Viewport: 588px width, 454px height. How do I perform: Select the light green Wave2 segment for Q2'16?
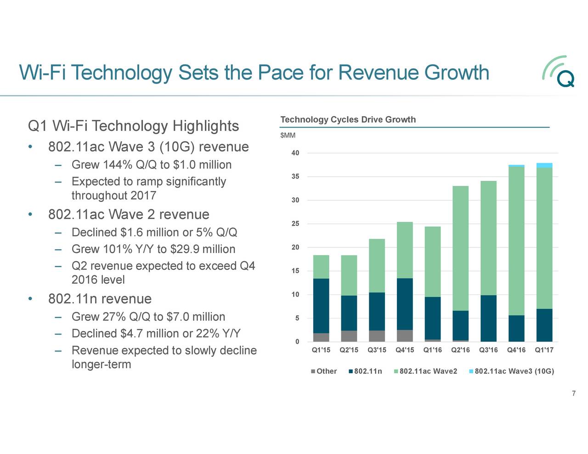pos(460,248)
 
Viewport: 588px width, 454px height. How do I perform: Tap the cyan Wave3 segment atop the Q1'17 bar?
pos(544,165)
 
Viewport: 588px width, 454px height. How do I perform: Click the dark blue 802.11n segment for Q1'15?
pos(321,306)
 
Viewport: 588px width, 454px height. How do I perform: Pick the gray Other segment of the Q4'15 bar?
pos(405,336)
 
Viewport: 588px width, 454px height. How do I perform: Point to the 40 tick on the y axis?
pos(295,153)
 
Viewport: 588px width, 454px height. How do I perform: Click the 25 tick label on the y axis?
pos(295,224)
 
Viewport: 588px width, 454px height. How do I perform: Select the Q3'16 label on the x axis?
pos(488,350)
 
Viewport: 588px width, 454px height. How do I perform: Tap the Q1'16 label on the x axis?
pos(432,350)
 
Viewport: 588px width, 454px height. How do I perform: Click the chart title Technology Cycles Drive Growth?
pos(348,120)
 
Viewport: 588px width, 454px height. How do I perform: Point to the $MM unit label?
pos(288,135)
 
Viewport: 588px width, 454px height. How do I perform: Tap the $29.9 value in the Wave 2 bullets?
pos(185,249)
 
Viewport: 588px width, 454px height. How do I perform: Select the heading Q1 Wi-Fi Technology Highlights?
pos(133,126)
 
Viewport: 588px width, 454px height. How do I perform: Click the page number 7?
pos(574,393)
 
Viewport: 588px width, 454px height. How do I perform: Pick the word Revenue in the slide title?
pos(379,73)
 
